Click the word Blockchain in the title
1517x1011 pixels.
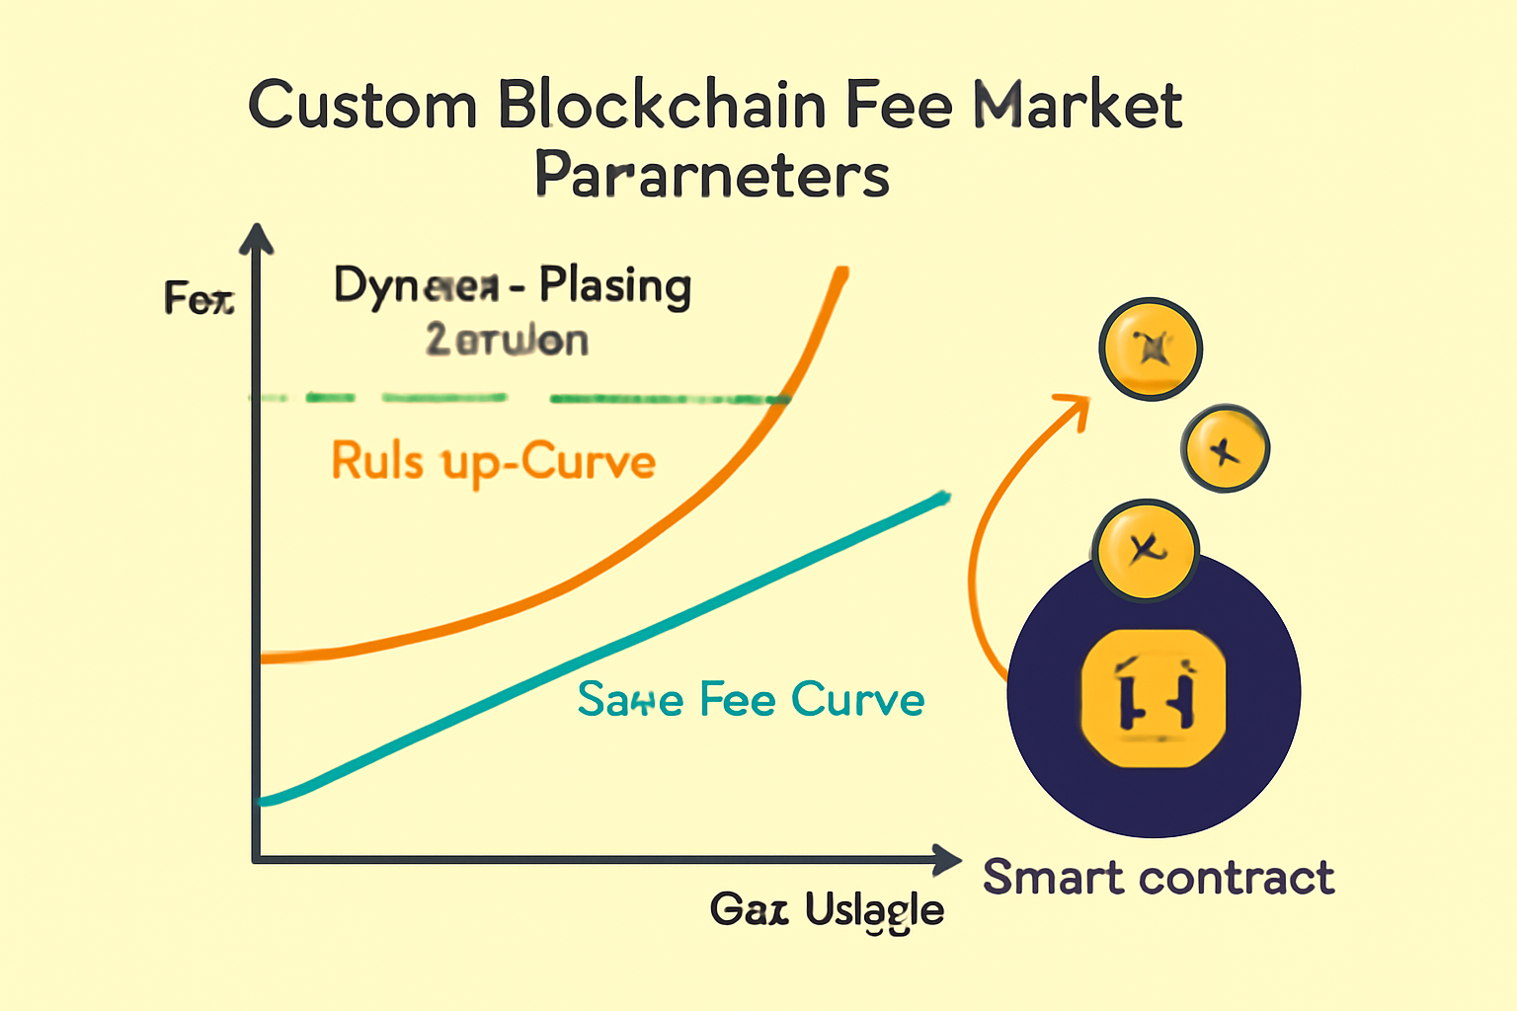662,105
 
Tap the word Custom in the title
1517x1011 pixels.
362,107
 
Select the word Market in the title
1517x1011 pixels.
1078,105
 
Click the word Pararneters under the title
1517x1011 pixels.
712,176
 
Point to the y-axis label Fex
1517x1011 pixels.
199,297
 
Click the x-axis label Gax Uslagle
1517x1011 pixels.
827,909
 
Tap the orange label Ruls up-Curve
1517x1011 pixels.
493,462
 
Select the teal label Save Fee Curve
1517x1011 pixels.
751,700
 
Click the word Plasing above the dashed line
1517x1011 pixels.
614,286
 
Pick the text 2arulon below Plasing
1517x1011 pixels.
507,341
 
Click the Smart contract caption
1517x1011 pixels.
1158,877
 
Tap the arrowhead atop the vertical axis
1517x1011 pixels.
257,238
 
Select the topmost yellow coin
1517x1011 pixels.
1151,349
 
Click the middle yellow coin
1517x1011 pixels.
1225,449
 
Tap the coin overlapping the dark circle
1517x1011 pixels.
1146,550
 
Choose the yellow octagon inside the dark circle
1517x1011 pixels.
1154,698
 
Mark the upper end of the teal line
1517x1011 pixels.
945,496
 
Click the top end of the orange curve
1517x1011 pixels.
842,270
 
